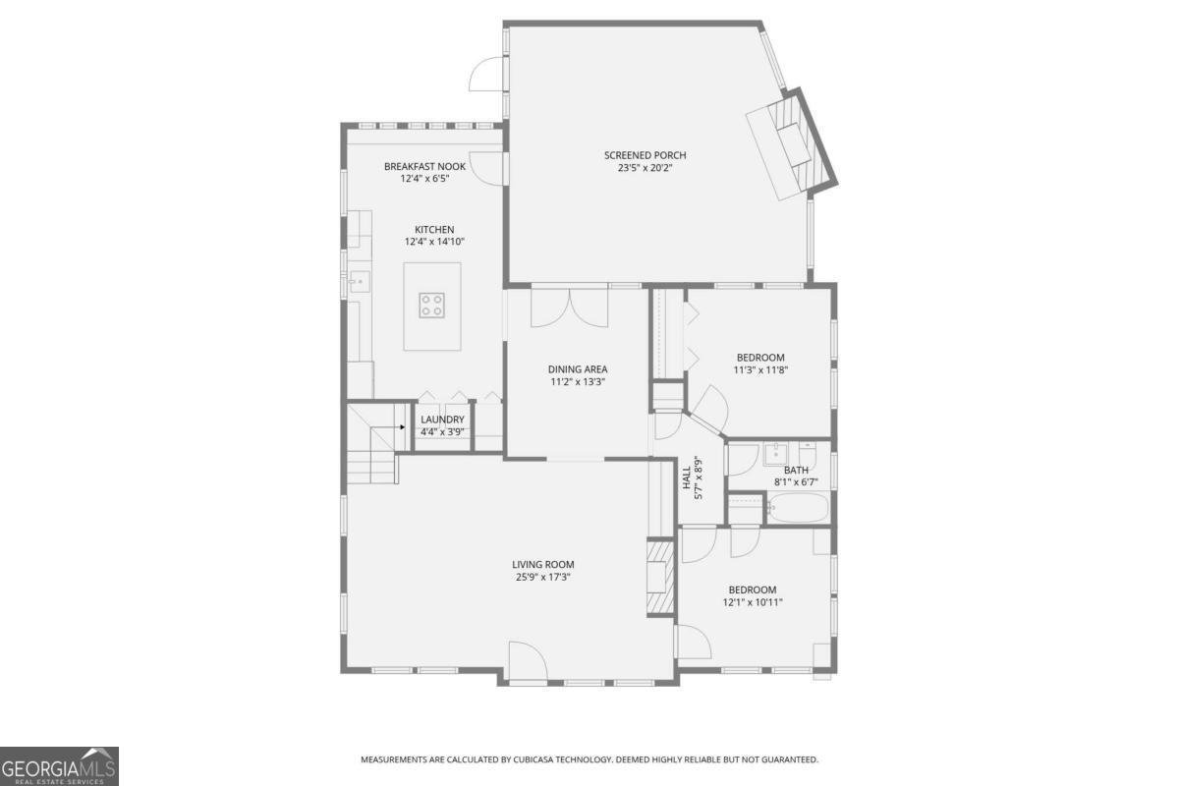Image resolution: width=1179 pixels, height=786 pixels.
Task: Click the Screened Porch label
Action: pos(645,155)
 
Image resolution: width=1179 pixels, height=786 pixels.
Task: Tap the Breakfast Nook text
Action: pos(424,167)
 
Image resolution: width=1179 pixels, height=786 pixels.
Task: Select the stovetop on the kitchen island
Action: pos(432,305)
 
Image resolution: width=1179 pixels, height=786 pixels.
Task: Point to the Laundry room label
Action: pos(442,420)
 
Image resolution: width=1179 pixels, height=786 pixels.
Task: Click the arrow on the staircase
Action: pos(403,427)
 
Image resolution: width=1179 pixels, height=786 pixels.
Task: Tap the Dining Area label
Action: pos(578,369)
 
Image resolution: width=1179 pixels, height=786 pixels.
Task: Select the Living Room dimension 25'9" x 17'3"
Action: pos(542,578)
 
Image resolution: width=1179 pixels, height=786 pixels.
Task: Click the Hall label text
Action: pos(687,478)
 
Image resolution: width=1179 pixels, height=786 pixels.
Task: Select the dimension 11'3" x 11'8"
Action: pos(761,370)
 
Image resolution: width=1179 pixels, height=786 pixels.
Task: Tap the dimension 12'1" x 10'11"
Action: pos(753,602)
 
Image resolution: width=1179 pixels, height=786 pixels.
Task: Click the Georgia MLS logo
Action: pos(59,765)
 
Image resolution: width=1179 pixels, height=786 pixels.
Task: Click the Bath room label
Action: pos(796,470)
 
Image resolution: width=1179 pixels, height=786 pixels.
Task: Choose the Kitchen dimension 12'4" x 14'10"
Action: pos(434,242)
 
